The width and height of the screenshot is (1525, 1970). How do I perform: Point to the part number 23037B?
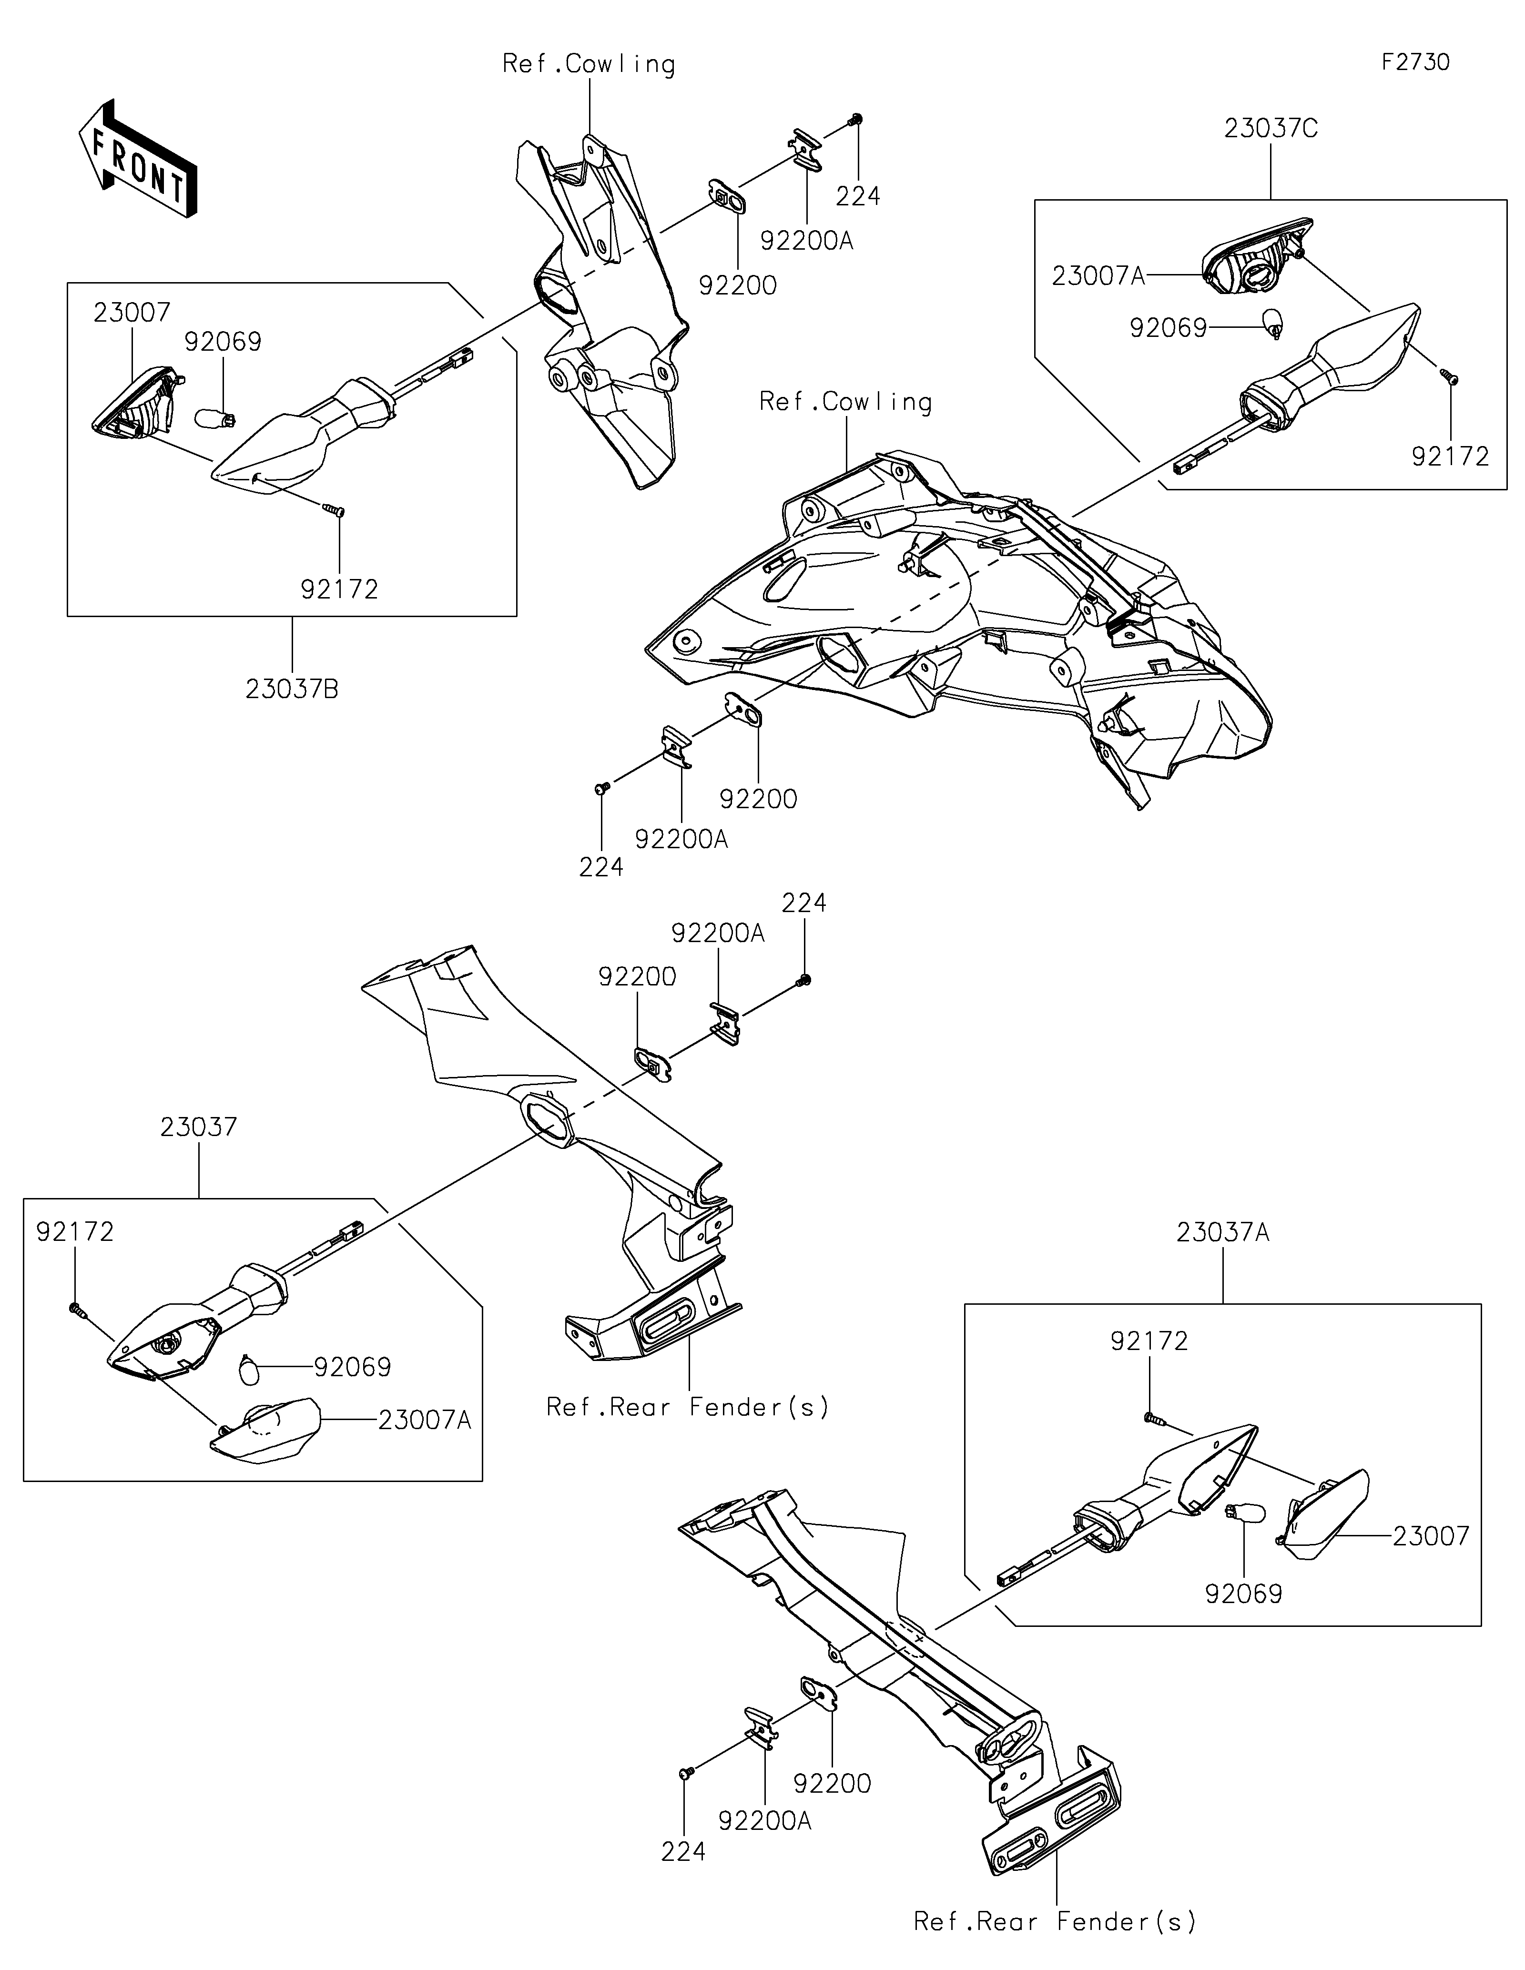click(292, 689)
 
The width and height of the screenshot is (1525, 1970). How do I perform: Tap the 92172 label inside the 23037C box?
click(1450, 457)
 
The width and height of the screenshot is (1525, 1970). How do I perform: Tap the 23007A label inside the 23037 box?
click(425, 1421)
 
